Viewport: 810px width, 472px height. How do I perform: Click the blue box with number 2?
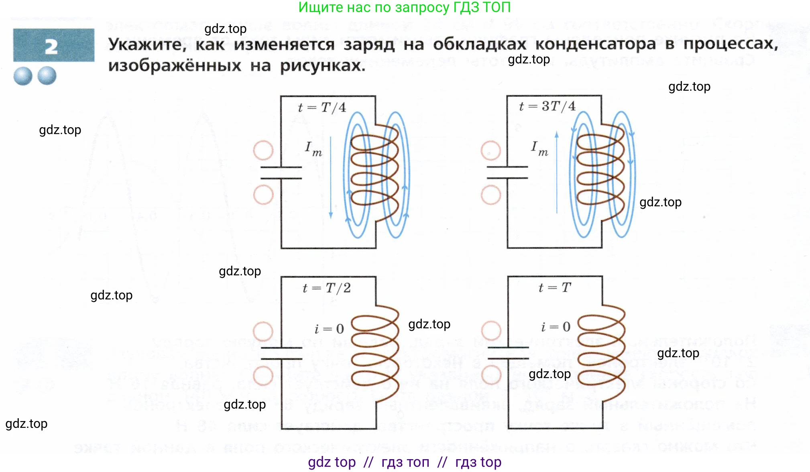(x=53, y=45)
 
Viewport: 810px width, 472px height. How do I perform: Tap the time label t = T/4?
(x=322, y=108)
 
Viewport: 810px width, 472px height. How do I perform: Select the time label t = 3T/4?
(x=547, y=106)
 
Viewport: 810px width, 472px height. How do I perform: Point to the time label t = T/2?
(x=326, y=288)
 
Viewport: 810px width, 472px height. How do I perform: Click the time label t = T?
(x=554, y=288)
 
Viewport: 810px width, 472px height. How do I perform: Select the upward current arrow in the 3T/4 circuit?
(x=557, y=173)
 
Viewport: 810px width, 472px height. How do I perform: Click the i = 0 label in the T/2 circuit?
(x=329, y=329)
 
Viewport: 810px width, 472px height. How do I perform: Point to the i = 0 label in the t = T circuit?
(x=556, y=327)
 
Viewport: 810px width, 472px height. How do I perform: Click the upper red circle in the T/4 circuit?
(x=263, y=151)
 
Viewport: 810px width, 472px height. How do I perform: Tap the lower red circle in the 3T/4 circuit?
(x=491, y=195)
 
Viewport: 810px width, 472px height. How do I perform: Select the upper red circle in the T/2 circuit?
(x=263, y=332)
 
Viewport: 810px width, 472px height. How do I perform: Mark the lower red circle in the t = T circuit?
(x=491, y=375)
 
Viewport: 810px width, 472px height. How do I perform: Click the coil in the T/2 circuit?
(x=375, y=353)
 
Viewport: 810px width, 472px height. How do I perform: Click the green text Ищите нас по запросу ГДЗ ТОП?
(x=404, y=7)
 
